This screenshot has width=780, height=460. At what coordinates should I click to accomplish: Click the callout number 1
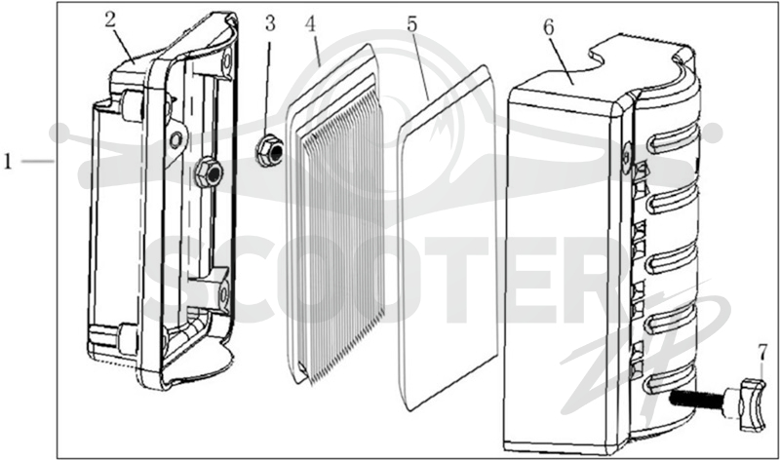coord(8,162)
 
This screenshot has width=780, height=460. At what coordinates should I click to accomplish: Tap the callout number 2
coord(110,19)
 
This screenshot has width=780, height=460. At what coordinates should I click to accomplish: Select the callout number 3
coord(270,22)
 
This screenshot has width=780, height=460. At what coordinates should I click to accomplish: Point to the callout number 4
coord(311,23)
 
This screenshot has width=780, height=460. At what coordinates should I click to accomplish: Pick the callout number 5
coord(411,23)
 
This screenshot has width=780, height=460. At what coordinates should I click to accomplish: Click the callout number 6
coord(548,28)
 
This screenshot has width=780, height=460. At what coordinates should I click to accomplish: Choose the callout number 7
coord(762,353)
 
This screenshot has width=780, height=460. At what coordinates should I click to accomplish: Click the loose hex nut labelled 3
coord(270,151)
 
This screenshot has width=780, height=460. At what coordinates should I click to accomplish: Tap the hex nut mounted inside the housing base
coord(208,172)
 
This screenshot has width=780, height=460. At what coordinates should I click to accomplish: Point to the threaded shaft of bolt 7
coord(697,398)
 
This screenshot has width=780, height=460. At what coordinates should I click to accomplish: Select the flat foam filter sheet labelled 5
coord(448,238)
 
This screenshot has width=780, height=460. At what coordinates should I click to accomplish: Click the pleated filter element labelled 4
coord(335,214)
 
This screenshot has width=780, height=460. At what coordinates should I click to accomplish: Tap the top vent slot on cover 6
coord(673,136)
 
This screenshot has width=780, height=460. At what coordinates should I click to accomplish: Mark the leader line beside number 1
coord(38,161)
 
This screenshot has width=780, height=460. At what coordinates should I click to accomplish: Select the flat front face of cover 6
coord(564,269)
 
